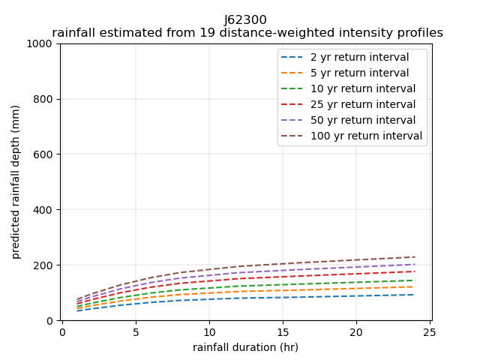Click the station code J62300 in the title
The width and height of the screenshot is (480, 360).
click(245, 20)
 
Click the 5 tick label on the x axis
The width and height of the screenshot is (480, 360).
click(136, 332)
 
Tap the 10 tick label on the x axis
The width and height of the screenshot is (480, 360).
click(209, 332)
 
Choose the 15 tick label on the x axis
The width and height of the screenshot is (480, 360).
click(283, 332)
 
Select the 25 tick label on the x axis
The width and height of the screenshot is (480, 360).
click(430, 332)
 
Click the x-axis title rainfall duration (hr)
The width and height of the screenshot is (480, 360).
click(245, 347)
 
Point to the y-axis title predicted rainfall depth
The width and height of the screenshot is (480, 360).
click(16, 181)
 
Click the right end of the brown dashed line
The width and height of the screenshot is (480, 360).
click(414, 257)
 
